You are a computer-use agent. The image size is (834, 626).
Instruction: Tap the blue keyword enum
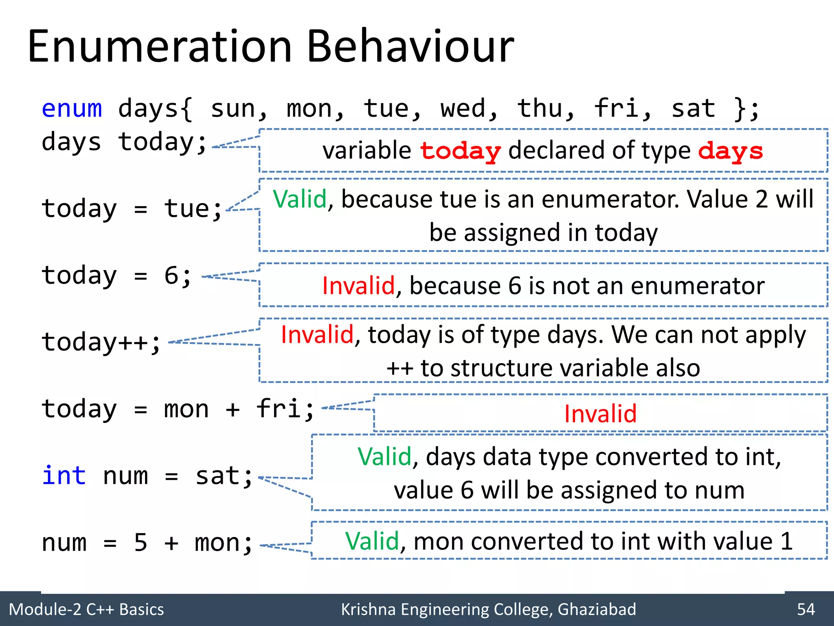(x=72, y=109)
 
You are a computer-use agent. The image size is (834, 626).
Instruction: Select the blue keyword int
(x=64, y=476)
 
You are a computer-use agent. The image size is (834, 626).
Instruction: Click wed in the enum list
(x=463, y=109)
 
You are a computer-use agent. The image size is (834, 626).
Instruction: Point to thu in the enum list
(x=540, y=109)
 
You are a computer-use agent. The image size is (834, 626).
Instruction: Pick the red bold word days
(x=730, y=151)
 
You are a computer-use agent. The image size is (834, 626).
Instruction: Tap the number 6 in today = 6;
(x=171, y=276)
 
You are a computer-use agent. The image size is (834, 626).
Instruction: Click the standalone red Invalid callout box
(x=600, y=413)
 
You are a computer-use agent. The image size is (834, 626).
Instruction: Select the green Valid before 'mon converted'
(x=372, y=541)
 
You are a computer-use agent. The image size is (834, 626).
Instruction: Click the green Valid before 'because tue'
(x=300, y=199)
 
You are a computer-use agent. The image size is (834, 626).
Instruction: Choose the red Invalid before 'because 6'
(x=358, y=285)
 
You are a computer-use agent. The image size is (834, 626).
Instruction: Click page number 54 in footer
(x=806, y=609)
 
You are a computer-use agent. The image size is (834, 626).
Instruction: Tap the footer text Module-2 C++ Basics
(x=86, y=609)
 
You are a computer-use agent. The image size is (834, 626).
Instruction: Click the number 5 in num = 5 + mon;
(x=140, y=542)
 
